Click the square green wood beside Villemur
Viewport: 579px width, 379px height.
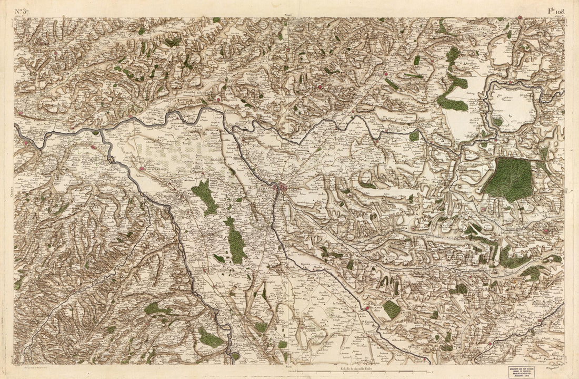click(x=392, y=309)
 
